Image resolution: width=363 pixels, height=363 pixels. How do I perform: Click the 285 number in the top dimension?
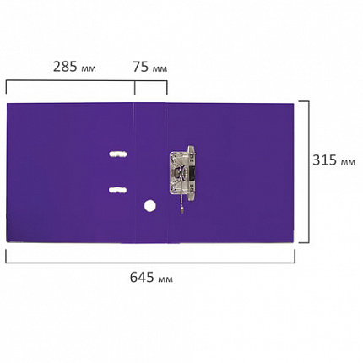(x=65, y=67)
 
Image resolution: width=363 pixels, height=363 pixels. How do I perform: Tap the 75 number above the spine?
(x=140, y=67)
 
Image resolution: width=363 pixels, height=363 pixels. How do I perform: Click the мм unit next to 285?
(x=89, y=68)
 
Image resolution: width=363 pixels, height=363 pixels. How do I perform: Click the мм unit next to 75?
(x=160, y=68)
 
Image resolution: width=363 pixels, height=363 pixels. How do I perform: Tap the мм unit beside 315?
(x=348, y=162)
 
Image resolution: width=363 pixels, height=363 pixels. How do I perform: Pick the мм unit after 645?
(x=165, y=279)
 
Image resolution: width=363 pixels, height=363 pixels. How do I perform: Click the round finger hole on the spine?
(x=150, y=205)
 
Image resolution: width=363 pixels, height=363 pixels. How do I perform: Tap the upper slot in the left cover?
(x=118, y=154)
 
